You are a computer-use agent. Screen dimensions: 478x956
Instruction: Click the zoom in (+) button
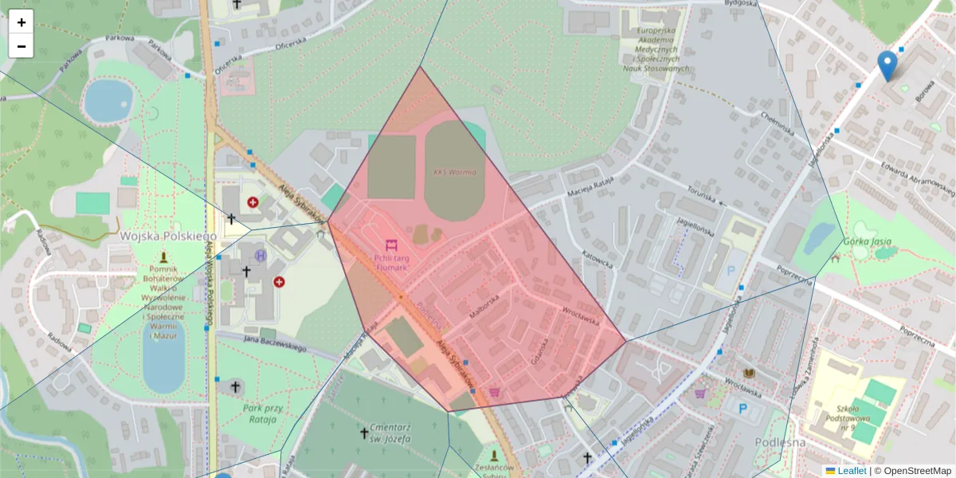click(x=22, y=22)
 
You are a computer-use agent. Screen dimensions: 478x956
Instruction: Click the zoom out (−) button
click(x=22, y=46)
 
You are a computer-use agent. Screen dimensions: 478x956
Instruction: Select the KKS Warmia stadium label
click(x=454, y=172)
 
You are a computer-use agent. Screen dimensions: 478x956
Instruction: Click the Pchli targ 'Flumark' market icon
click(x=390, y=245)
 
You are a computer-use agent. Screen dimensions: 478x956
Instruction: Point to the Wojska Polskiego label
click(x=168, y=237)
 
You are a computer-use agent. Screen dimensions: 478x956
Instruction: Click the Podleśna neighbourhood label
click(x=779, y=442)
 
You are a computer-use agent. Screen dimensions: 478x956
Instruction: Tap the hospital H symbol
click(x=261, y=256)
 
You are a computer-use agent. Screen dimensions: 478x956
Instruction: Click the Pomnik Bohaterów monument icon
click(x=164, y=257)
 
